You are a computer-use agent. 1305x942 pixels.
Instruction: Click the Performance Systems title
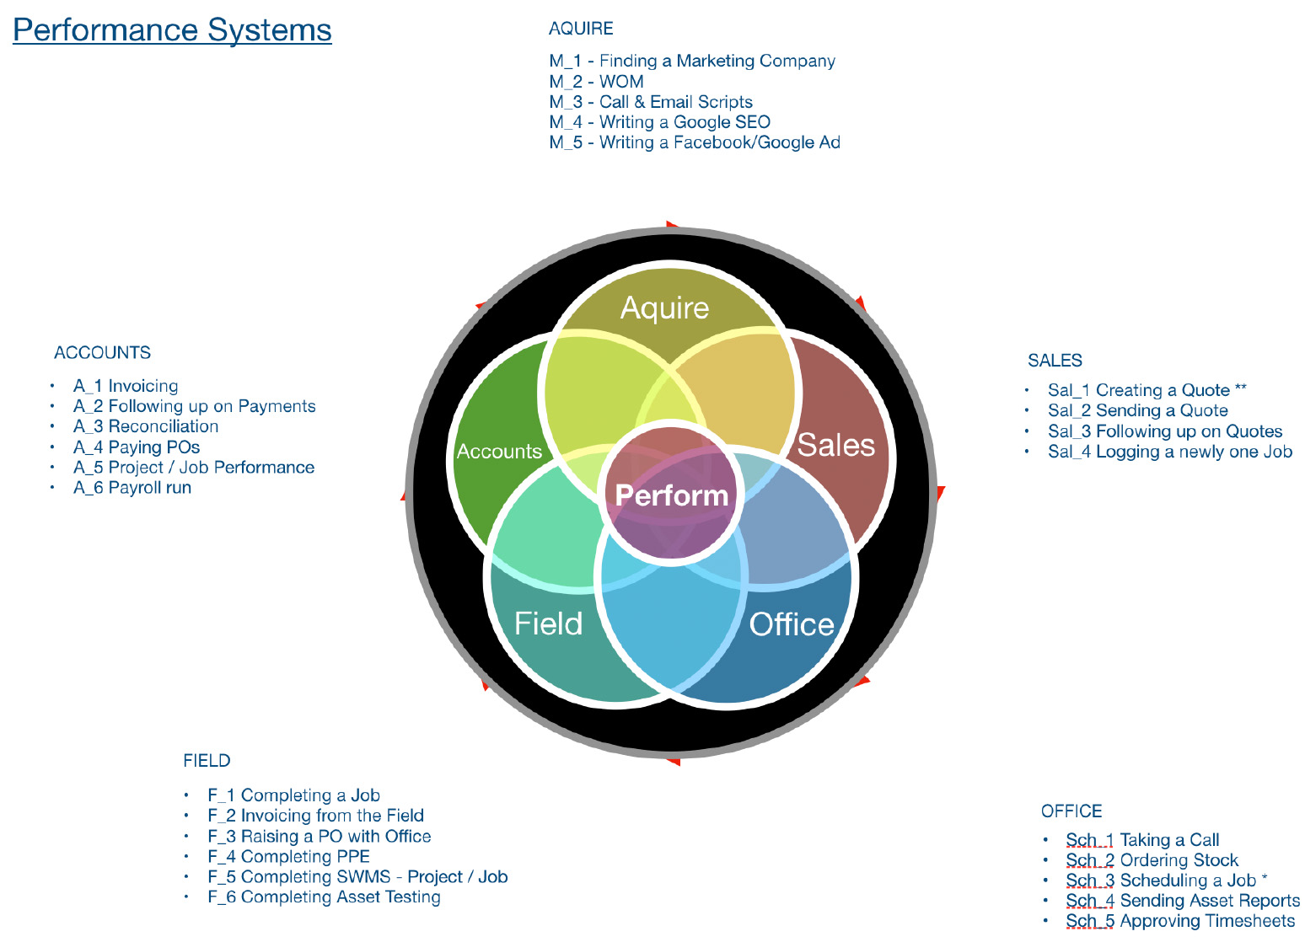172,30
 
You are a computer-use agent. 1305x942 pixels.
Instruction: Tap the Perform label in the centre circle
672,495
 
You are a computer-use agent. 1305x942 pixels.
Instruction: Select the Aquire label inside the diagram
664,308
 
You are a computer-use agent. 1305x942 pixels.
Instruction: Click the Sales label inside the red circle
835,445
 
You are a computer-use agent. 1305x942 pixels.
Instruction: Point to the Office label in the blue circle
791,624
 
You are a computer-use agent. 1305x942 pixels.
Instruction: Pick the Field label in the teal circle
548,624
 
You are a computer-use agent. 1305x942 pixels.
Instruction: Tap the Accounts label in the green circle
499,452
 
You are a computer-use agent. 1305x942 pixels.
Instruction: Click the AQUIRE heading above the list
581,29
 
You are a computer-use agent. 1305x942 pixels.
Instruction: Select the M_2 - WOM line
596,82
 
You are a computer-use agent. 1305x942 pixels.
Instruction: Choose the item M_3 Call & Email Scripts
651,102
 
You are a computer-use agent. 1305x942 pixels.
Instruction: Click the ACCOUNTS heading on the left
102,353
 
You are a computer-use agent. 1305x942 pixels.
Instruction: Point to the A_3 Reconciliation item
146,426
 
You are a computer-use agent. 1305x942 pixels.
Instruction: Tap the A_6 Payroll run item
132,488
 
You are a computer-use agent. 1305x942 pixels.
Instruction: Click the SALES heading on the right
1054,361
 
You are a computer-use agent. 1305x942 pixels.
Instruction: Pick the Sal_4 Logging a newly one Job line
1169,452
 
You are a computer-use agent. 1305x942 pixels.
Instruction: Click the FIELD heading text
207,761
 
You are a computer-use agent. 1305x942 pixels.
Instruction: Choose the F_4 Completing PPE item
288,857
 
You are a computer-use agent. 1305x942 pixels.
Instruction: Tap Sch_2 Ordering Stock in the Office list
1152,860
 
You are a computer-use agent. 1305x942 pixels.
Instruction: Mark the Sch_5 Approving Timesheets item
1179,921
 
